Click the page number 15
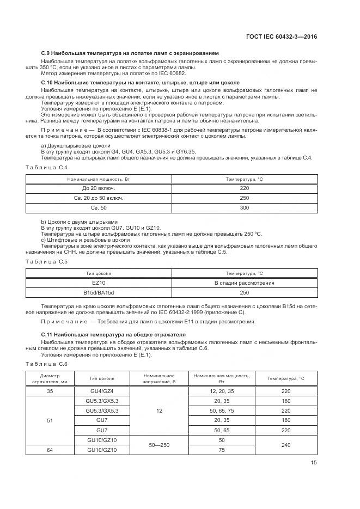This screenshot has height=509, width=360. coord(313,463)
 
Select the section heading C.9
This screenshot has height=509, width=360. coord(130,53)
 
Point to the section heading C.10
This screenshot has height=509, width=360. coord(140,82)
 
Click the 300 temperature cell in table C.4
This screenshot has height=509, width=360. coord(244,208)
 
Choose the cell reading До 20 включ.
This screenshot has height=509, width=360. coord(99,188)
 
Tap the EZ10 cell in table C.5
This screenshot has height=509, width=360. coord(99,283)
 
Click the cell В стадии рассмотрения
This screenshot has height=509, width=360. coord(244,283)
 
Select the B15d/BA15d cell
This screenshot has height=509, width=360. coord(99,293)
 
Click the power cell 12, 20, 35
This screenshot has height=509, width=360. coord(221,391)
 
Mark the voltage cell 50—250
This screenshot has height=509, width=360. coord(159,445)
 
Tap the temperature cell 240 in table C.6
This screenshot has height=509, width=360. coord(286,445)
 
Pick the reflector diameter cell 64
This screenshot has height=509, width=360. coord(50,450)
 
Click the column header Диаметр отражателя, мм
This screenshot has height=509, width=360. coord(50,378)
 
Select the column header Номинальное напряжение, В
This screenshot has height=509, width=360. coord(159,378)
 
